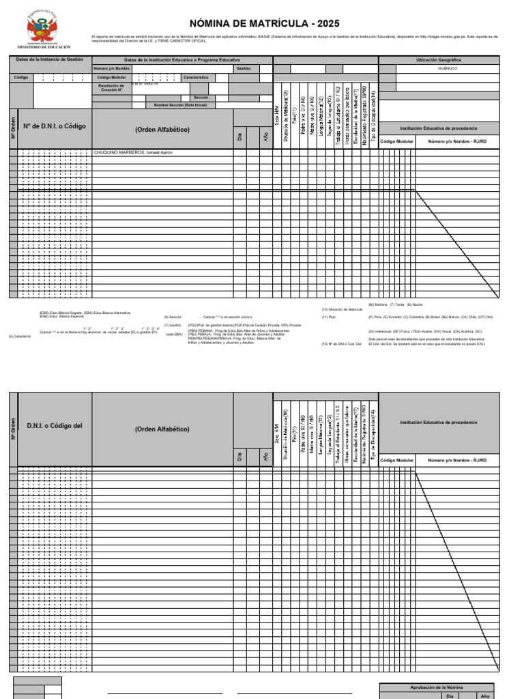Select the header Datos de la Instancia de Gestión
coord(49,59)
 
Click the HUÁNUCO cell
coord(448,69)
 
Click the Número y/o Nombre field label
coord(111,69)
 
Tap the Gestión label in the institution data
coord(244,69)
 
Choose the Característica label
coord(195,78)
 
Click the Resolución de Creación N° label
coord(111,88)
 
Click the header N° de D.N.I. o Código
coord(55,127)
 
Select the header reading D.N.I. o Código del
coord(55,426)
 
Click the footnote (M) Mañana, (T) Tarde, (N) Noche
coord(396,304)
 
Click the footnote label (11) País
coord(329,317)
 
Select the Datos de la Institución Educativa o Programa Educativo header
coord(181,60)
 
